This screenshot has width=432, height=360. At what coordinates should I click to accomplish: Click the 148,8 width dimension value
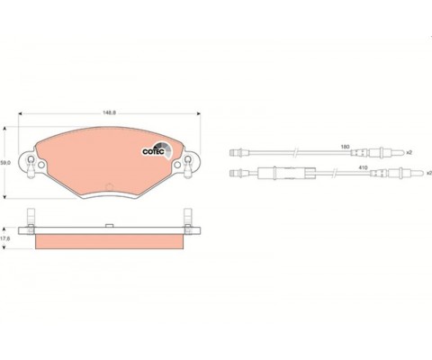(x=109, y=112)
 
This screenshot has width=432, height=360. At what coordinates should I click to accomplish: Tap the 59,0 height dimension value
(x=5, y=163)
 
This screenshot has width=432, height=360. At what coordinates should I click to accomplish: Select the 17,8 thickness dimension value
(x=5, y=238)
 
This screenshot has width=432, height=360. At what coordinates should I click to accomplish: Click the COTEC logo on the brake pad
(x=157, y=149)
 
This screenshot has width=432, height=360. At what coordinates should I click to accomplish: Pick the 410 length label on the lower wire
(x=363, y=167)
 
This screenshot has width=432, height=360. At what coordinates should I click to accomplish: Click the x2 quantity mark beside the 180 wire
(x=409, y=153)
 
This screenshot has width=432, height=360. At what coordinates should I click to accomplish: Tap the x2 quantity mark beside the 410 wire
(x=429, y=173)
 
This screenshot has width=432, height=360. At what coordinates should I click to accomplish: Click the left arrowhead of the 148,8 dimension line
(x=20, y=113)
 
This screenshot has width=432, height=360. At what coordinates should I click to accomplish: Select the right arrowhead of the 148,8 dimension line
(x=198, y=113)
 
